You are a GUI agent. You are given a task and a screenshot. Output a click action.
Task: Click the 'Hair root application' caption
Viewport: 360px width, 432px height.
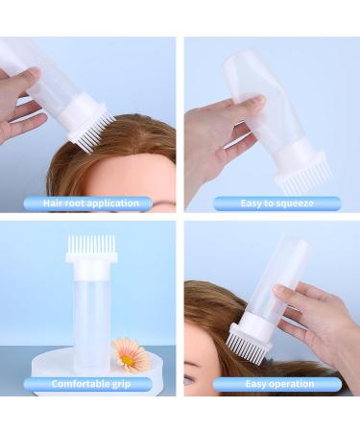tap(91, 203)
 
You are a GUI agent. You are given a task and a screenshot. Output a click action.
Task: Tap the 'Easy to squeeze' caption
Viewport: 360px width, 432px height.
tap(276, 203)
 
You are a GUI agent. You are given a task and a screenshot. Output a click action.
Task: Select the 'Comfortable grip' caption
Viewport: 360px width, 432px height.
tap(91, 384)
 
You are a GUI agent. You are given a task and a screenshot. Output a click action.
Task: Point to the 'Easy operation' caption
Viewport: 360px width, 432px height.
tap(276, 384)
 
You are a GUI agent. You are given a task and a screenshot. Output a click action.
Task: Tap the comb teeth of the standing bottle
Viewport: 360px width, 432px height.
tap(91, 244)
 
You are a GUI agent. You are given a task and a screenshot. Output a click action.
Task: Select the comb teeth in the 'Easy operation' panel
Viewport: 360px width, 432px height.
tap(242, 342)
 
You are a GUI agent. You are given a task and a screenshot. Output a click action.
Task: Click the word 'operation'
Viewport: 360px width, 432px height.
tap(290, 384)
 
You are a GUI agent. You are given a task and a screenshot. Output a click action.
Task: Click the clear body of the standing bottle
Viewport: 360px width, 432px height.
tap(91, 317)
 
